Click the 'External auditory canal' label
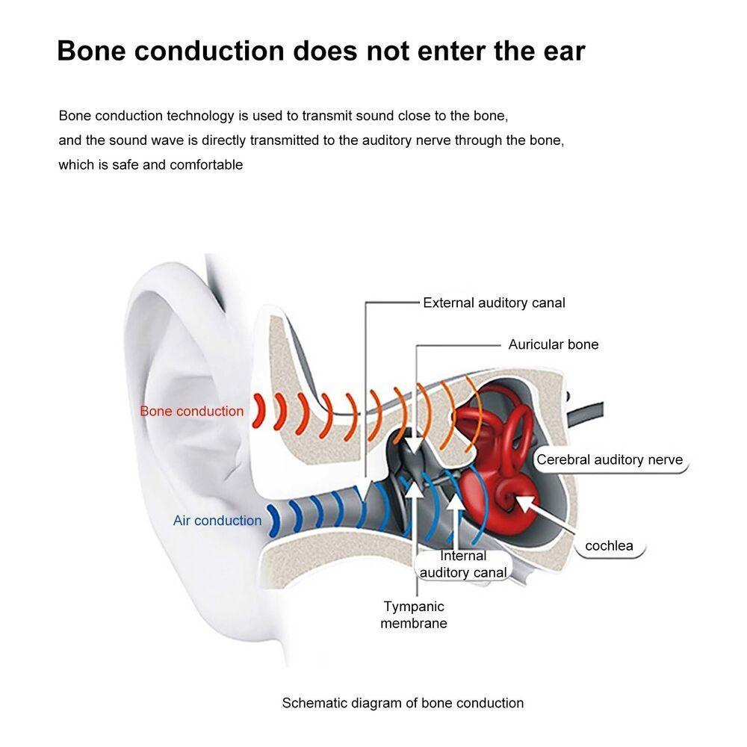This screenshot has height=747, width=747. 494,303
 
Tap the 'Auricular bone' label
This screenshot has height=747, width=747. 553,344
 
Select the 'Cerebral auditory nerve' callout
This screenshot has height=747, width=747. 610,459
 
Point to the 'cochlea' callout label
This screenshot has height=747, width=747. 610,546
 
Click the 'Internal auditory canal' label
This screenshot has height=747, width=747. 462,564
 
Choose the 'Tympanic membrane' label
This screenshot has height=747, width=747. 414,615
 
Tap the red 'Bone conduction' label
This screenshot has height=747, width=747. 191,411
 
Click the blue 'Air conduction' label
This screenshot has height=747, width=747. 217,520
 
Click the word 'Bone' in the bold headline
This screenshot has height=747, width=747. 91,51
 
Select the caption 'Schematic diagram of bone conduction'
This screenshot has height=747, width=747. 403,703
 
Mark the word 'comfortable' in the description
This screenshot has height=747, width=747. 206,165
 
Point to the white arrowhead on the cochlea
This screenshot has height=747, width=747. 524,503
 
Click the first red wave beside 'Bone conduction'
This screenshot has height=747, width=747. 258,411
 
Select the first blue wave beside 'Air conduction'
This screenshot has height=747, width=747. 273,521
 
